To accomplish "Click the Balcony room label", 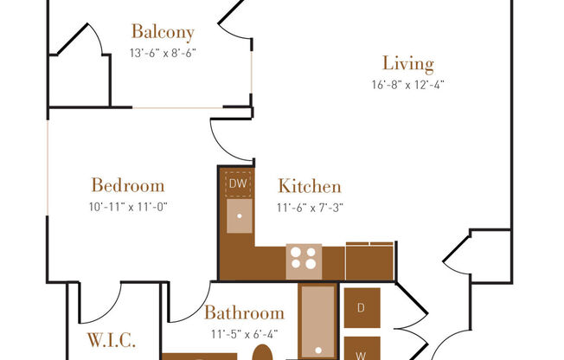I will tap(163, 32).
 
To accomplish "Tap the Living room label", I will tap(407, 63).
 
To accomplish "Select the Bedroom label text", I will tap(127, 185).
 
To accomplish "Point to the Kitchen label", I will tap(309, 186).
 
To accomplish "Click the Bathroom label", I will tap(244, 313).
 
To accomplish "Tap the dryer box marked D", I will tap(361, 307).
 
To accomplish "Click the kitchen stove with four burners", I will tap(304, 258).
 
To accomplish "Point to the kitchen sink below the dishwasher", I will tap(240, 216).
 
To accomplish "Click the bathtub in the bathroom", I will tap(317, 321).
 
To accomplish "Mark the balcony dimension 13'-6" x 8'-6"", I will tap(163, 53).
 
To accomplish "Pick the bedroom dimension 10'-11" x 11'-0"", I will tap(127, 207).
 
